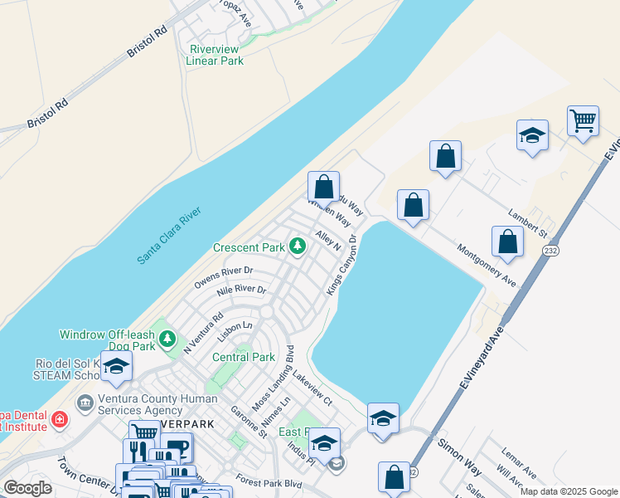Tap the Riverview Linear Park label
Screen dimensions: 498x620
click(215, 55)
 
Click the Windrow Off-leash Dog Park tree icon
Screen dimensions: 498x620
click(168, 339)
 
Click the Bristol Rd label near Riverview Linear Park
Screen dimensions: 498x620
click(148, 39)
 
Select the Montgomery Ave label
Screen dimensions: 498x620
click(487, 266)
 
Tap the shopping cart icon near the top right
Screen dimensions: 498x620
click(584, 120)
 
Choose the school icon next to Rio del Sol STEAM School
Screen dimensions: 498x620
click(117, 366)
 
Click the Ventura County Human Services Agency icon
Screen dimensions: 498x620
click(85, 403)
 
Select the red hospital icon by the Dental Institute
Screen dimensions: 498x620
click(60, 420)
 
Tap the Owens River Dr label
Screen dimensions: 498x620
click(223, 276)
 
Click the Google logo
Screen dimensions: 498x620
click(28, 488)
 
